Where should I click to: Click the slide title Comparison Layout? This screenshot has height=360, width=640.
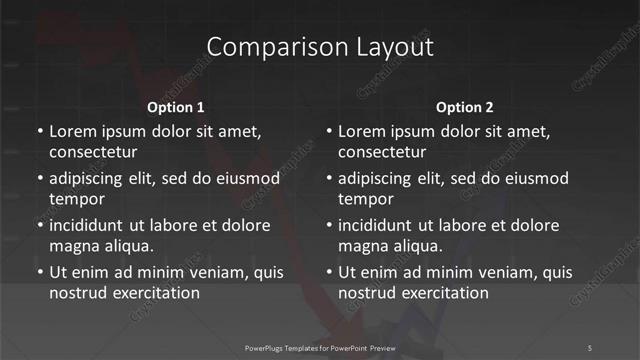320,47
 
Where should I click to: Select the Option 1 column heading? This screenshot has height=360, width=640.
176,107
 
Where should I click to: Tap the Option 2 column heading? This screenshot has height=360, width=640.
465,107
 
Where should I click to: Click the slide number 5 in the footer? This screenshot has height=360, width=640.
589,347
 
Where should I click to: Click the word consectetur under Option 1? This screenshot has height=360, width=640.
93,153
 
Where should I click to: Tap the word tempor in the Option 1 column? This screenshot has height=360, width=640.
73,199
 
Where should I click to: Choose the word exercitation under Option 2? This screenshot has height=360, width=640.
445,293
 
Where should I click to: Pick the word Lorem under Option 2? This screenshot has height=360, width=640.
362,132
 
